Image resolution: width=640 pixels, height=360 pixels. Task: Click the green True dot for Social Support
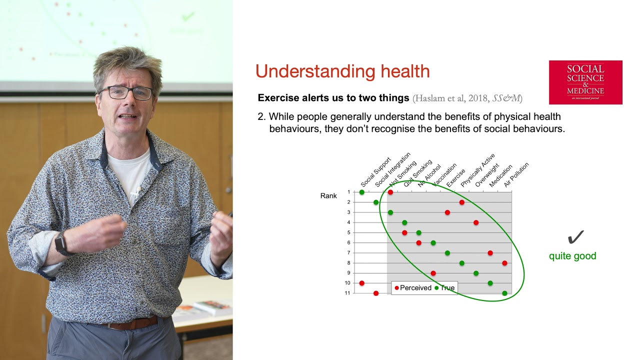pyautogui.click(x=361, y=192)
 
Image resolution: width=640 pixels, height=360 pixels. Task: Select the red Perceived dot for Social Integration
pyautogui.click(x=376, y=293)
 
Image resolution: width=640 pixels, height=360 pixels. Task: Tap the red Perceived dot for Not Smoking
pyautogui.click(x=390, y=192)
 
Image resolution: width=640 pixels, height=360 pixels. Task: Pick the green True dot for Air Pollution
pyautogui.click(x=504, y=293)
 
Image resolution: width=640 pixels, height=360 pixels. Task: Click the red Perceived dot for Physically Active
pyautogui.click(x=461, y=202)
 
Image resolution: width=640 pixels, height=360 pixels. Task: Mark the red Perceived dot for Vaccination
pyautogui.click(x=433, y=273)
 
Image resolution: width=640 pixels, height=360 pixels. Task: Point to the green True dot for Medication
pyautogui.click(x=490, y=283)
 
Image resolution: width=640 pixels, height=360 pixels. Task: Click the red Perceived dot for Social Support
pyautogui.click(x=361, y=283)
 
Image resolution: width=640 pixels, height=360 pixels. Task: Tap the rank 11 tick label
pyautogui.click(x=347, y=293)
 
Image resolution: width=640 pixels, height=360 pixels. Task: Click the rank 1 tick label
pyautogui.click(x=348, y=192)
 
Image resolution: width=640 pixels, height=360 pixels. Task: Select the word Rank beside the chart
pyautogui.click(x=328, y=195)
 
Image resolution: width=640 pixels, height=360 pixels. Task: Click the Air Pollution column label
pyautogui.click(x=516, y=174)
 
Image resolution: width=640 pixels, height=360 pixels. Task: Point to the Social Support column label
pyautogui.click(x=375, y=172)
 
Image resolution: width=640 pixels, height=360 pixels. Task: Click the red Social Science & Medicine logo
pyautogui.click(x=585, y=82)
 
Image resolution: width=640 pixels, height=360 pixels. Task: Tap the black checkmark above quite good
pyautogui.click(x=575, y=237)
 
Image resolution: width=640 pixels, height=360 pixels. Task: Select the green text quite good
pyautogui.click(x=572, y=256)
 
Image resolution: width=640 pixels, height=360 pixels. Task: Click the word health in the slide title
pyautogui.click(x=405, y=71)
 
